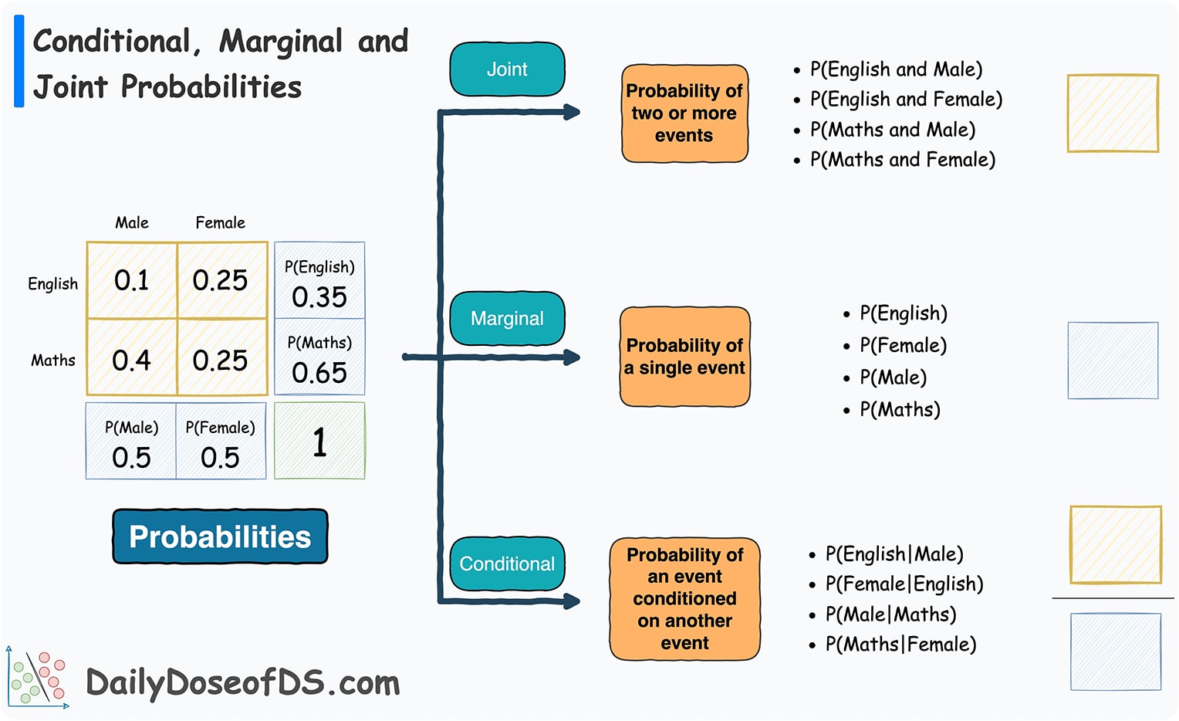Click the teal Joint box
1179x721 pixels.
pyautogui.click(x=507, y=69)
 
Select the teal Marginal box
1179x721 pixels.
pyautogui.click(x=507, y=318)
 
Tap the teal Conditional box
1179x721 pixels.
pyautogui.click(x=507, y=564)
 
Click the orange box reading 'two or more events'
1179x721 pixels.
pyautogui.click(x=684, y=113)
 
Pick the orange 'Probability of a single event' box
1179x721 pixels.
pyautogui.click(x=684, y=357)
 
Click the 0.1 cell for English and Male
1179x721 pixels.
pyautogui.click(x=132, y=280)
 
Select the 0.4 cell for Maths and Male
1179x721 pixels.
pyautogui.click(x=132, y=359)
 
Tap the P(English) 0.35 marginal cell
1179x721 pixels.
pyautogui.click(x=319, y=282)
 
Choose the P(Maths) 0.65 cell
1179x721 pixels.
pyautogui.click(x=319, y=358)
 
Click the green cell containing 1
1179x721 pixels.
pyautogui.click(x=319, y=442)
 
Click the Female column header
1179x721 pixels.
pyautogui.click(x=220, y=223)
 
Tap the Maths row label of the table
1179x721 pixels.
pyautogui.click(x=53, y=360)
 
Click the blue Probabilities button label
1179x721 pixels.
pyautogui.click(x=220, y=537)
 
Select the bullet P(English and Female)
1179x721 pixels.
pyautogui.click(x=906, y=100)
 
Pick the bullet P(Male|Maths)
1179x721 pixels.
pyautogui.click(x=890, y=614)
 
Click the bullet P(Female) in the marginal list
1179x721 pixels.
pyautogui.click(x=903, y=346)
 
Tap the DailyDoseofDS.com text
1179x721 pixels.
pyautogui.click(x=242, y=683)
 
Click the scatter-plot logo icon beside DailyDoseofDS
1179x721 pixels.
pyautogui.click(x=38, y=678)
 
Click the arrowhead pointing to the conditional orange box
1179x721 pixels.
pyautogui.click(x=572, y=601)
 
